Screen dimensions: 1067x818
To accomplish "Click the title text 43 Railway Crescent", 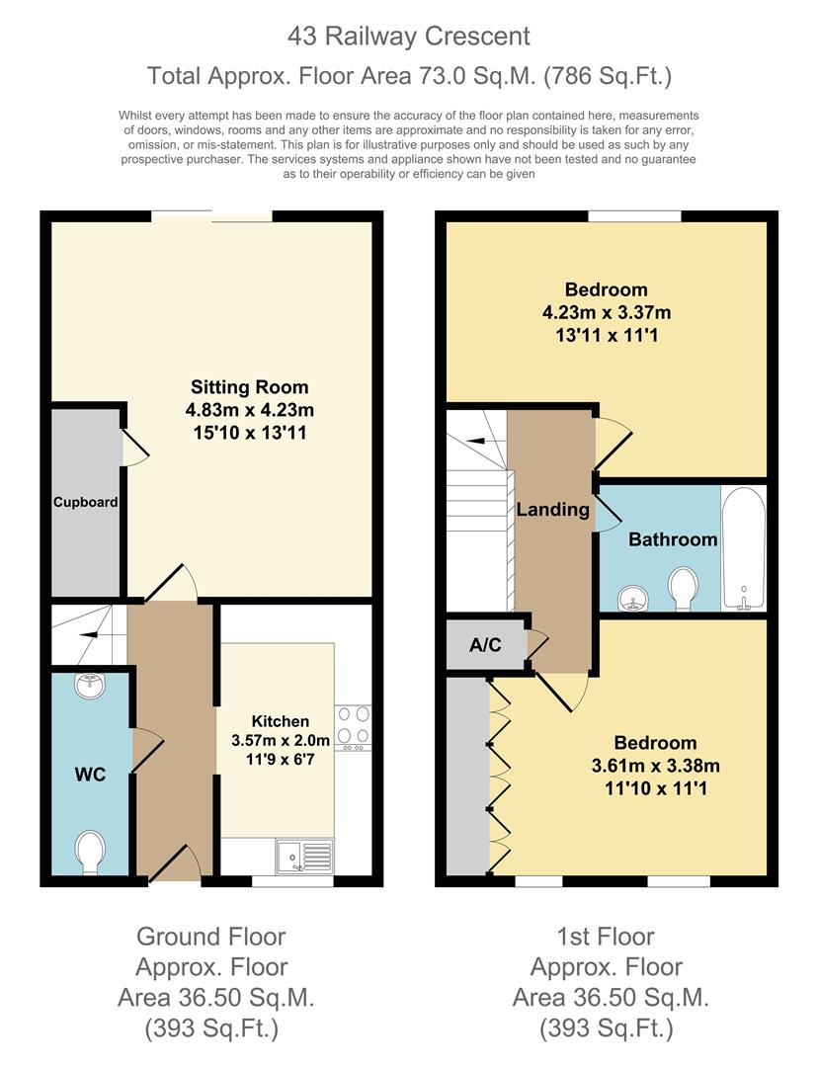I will pyautogui.click(x=409, y=37).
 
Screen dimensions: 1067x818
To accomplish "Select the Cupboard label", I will pyautogui.click(x=86, y=502).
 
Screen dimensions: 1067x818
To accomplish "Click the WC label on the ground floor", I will pyautogui.click(x=90, y=775).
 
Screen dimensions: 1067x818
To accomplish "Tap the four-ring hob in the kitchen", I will pyautogui.click(x=353, y=726).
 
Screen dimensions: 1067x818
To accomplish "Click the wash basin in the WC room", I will pyautogui.click(x=90, y=684).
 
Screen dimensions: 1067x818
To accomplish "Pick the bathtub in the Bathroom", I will pyautogui.click(x=743, y=548).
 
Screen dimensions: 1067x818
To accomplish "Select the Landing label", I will pyautogui.click(x=552, y=510).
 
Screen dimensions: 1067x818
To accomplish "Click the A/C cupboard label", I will pyautogui.click(x=485, y=645).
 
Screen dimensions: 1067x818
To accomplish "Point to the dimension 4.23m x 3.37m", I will pyautogui.click(x=606, y=312).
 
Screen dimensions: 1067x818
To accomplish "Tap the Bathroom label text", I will pyautogui.click(x=673, y=539).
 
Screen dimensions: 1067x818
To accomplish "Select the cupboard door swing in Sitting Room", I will pyautogui.click(x=135, y=447).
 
